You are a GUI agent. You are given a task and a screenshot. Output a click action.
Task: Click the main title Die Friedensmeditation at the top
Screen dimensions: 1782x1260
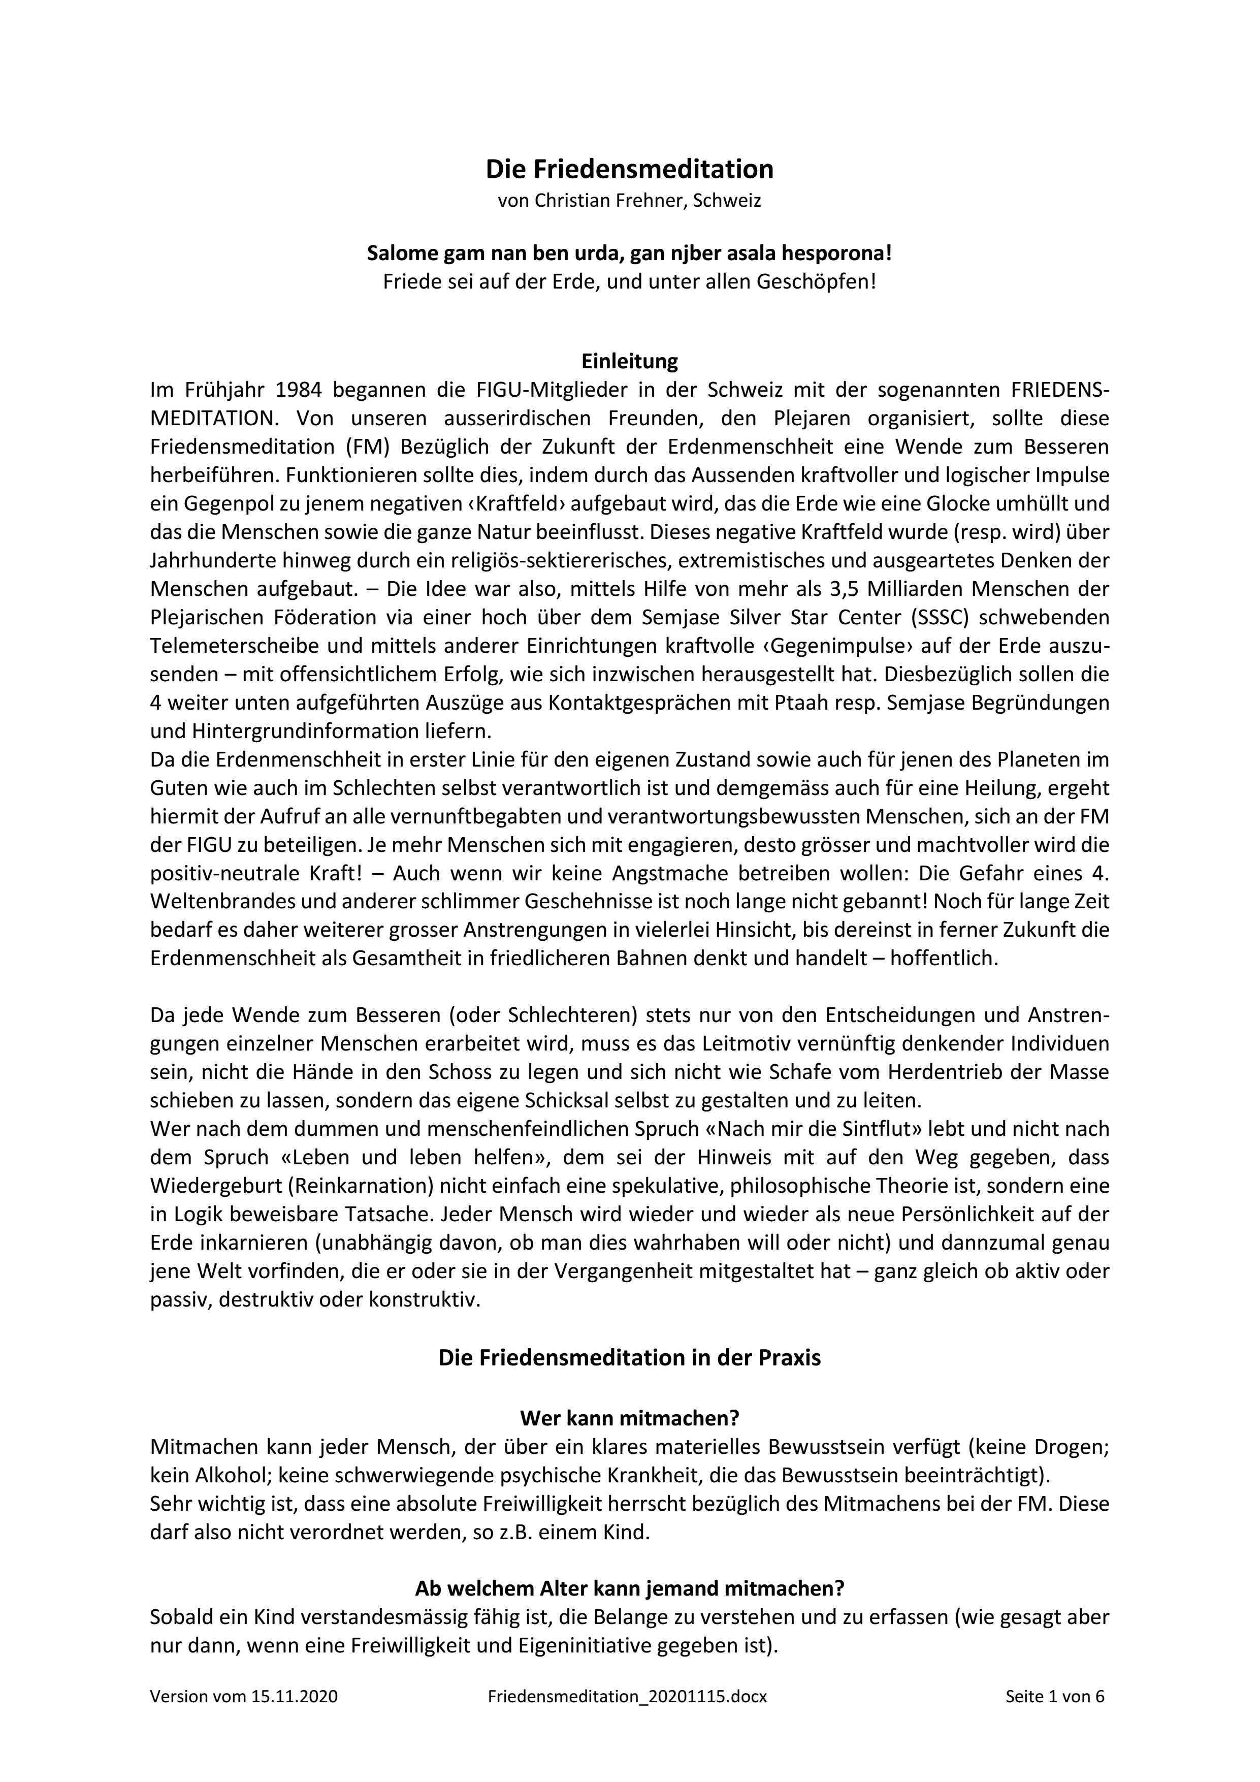[x=629, y=169]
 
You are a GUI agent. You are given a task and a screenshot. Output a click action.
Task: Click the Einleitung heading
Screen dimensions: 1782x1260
[x=629, y=361]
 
